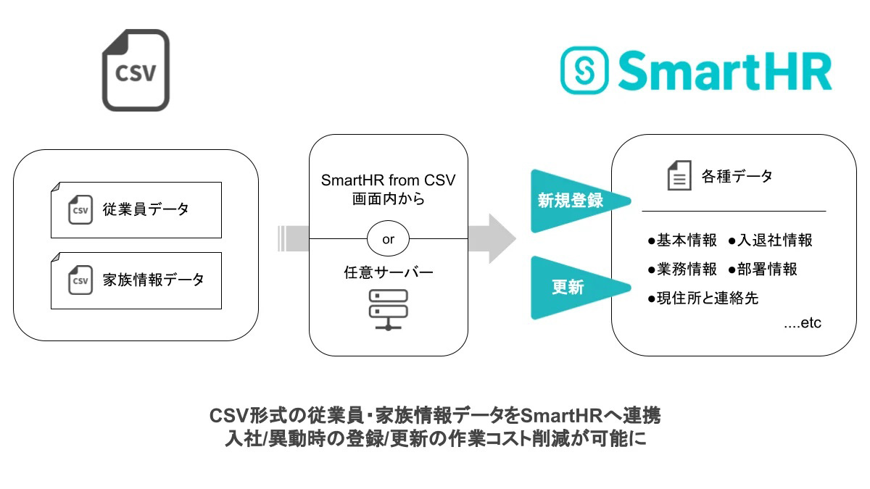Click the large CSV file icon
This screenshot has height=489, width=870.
[x=136, y=70]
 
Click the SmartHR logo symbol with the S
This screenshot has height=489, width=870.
[x=585, y=71]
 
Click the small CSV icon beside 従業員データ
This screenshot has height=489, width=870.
[x=80, y=210]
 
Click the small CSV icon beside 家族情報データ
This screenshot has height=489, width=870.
[x=80, y=280]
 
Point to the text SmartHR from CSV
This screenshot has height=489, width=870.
[x=389, y=180]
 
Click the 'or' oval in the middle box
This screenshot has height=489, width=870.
[x=389, y=239]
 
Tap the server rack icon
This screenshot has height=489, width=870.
[x=389, y=310]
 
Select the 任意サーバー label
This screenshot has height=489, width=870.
[x=389, y=273]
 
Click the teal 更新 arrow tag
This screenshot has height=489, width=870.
[x=573, y=288]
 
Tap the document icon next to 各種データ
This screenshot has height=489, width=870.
[x=679, y=176]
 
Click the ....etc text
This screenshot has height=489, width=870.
[x=802, y=323]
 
